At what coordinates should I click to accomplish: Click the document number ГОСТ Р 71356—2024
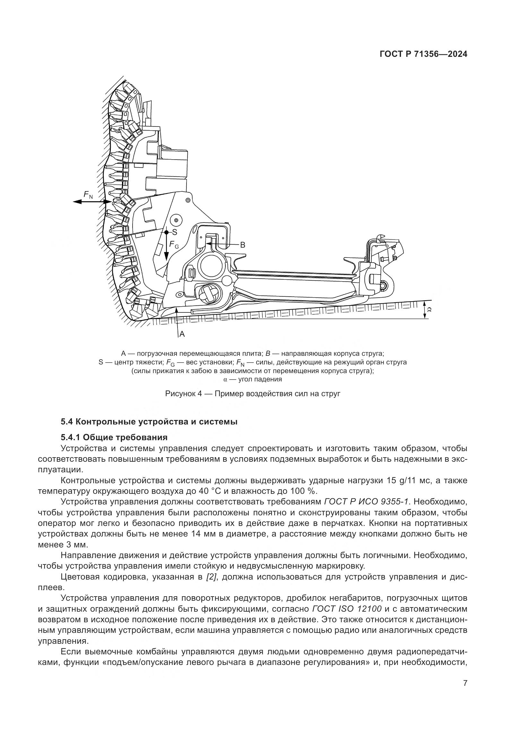coord(423,54)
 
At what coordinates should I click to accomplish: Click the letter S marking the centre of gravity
coord(175,232)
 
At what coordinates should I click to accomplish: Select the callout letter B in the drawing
coord(243,245)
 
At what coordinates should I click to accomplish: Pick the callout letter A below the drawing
coord(182,334)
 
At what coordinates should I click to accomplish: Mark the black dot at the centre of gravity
coord(166,232)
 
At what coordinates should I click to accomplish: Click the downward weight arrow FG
coord(166,249)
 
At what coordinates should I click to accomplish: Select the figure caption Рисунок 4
coord(253,394)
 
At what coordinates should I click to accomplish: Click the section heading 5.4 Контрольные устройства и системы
coord(149,422)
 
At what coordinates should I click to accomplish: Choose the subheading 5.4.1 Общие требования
coord(114,437)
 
